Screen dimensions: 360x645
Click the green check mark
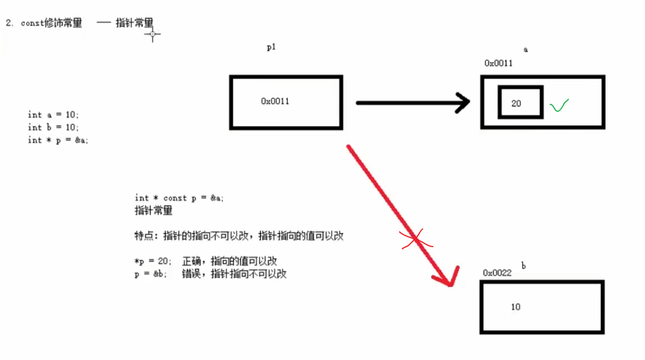coord(559,105)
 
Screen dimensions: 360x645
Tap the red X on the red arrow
coord(416,239)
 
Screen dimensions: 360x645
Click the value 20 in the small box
coord(516,103)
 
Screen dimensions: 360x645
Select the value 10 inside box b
coord(516,307)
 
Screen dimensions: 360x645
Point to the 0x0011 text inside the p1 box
coord(275,101)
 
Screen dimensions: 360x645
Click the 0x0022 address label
coord(497,273)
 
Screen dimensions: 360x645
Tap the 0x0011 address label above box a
coord(498,63)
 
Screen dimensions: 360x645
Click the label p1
coord(271,48)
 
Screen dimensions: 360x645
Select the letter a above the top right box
coord(526,50)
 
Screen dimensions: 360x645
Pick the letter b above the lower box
coord(524,266)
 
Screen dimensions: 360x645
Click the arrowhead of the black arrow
coord(463,103)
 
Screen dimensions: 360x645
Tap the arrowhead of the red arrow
coord(446,279)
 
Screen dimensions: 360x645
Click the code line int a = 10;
coord(54,115)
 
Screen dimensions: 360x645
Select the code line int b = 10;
coord(54,128)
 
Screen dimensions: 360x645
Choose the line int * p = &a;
coord(58,140)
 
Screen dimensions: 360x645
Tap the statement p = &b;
coord(151,274)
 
